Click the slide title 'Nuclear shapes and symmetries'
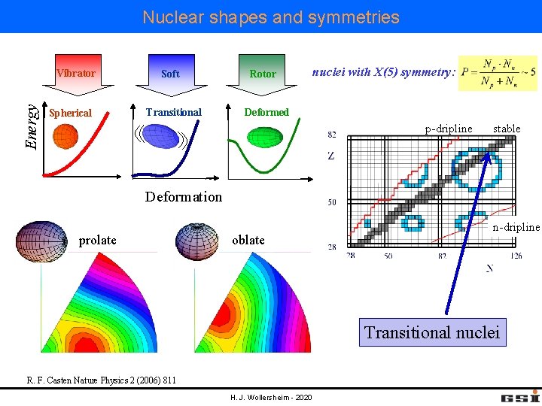click(x=271, y=17)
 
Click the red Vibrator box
click(x=75, y=73)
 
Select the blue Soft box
click(x=170, y=73)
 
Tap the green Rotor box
click(x=263, y=73)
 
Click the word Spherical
click(x=70, y=113)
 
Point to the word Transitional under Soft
click(x=174, y=112)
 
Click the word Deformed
click(x=266, y=112)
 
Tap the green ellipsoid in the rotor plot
click(x=263, y=136)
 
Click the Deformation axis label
click(x=184, y=197)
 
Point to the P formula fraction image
click(x=498, y=73)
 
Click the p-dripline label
click(x=449, y=129)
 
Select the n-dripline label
click(x=516, y=227)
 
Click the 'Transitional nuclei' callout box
click(x=432, y=332)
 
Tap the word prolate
click(x=98, y=240)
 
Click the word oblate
click(x=248, y=240)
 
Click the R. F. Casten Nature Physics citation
click(x=102, y=380)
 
